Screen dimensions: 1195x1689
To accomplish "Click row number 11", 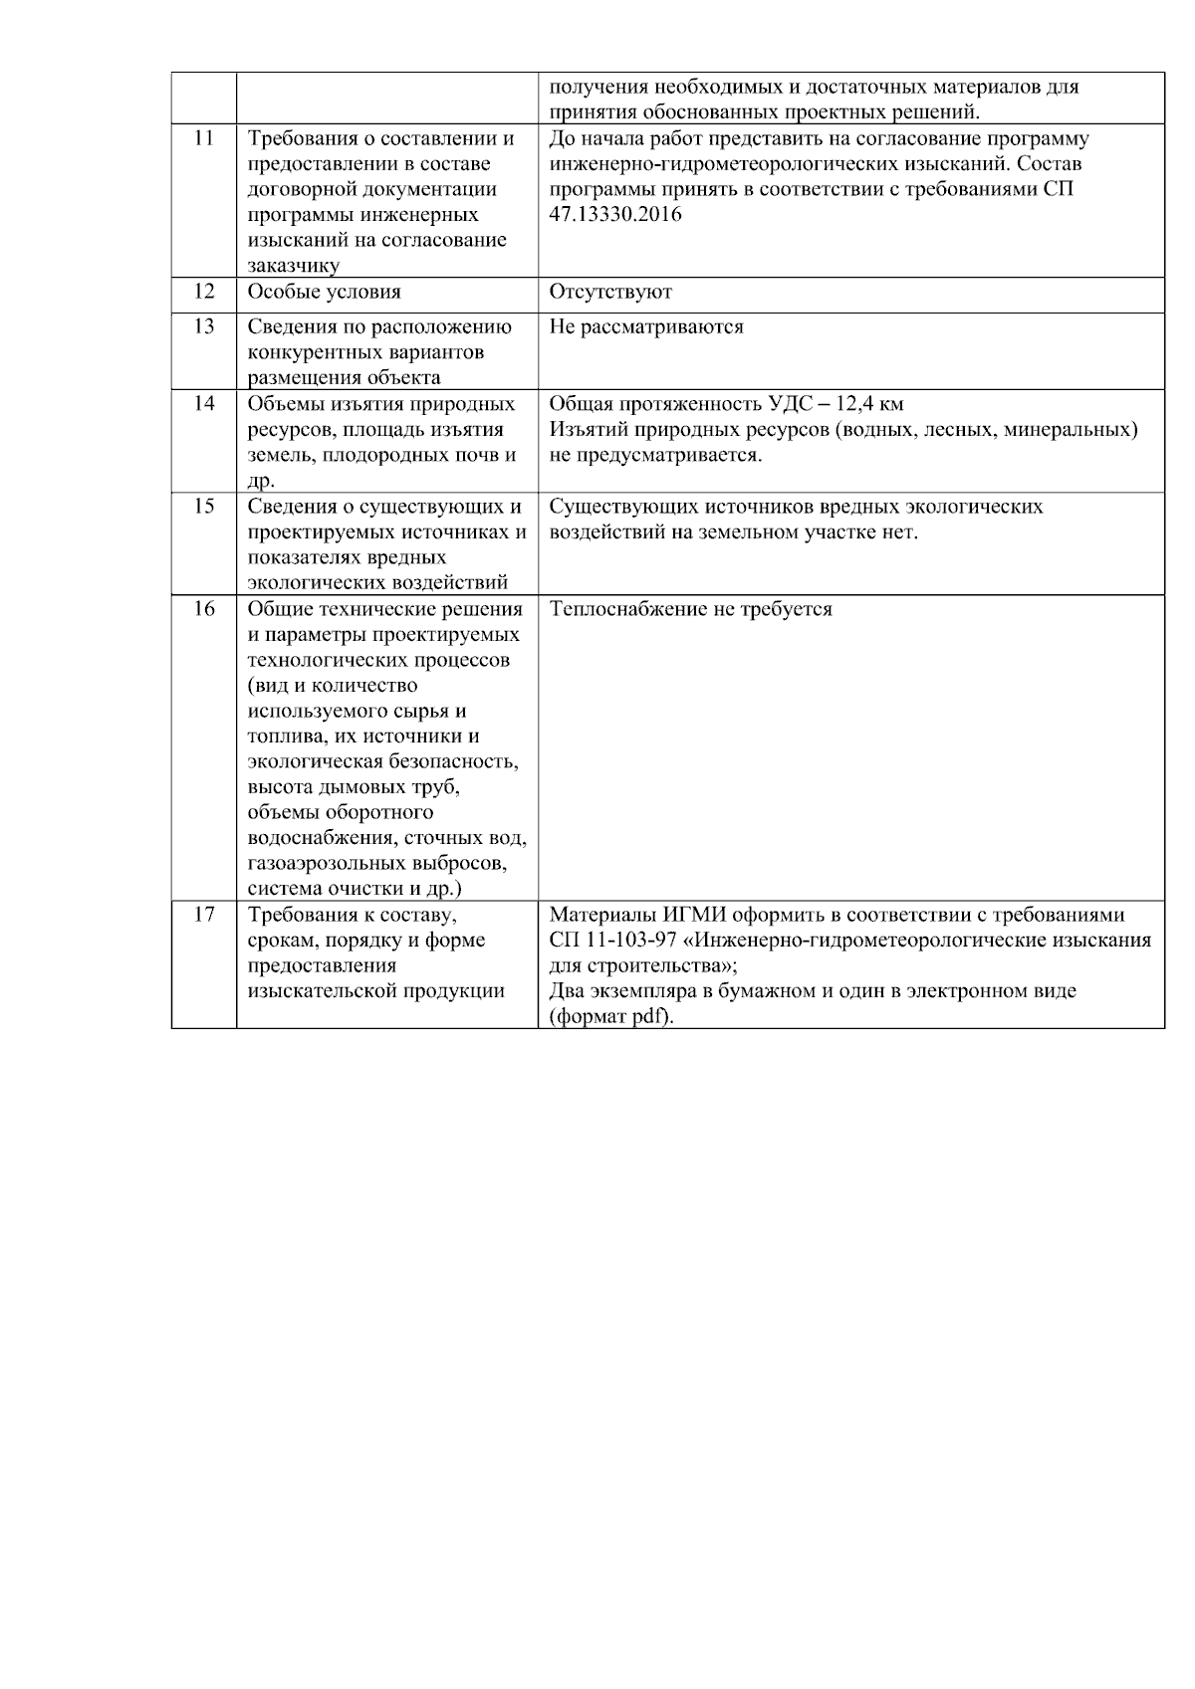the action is [203, 139].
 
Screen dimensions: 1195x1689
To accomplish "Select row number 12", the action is [203, 292].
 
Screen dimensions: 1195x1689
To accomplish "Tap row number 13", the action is [203, 326].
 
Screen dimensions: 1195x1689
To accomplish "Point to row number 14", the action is [203, 404].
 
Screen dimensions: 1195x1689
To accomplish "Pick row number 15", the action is [203, 507].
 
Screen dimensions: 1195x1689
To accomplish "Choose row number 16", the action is [203, 608].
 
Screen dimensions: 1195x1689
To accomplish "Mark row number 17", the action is [203, 915].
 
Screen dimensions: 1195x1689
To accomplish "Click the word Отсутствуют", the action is [610, 292].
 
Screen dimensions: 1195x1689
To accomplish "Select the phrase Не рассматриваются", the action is [646, 326].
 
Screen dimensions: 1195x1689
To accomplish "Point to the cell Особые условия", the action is [324, 292].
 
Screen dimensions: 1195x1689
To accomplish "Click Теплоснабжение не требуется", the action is [690, 608].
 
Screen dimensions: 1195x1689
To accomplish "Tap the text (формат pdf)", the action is [611, 1017].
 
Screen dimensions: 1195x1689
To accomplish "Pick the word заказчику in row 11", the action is [293, 266].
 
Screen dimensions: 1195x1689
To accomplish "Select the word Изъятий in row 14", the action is [584, 430].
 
